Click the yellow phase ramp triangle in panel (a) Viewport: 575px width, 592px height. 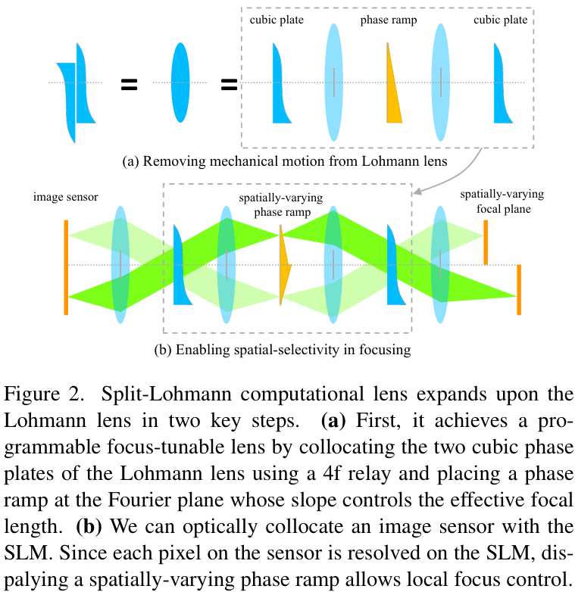click(392, 91)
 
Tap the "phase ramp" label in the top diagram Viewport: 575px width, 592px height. click(389, 20)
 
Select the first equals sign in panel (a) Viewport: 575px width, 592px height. click(130, 84)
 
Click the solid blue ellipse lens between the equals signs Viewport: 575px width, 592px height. click(180, 83)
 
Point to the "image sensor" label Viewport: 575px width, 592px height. click(65, 197)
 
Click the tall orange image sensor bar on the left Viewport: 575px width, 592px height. click(67, 266)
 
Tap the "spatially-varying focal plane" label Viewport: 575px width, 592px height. click(502, 201)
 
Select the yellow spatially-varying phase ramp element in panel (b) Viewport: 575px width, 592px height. click(284, 266)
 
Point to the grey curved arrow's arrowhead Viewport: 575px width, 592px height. click(417, 190)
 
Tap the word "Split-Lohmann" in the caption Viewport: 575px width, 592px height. click(148, 395)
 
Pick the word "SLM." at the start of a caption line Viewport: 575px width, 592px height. click(25, 547)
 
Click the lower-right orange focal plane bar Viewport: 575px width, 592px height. click(519, 289)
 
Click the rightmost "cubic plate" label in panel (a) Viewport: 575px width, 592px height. click(500, 20)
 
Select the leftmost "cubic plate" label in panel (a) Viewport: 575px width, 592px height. click(277, 20)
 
